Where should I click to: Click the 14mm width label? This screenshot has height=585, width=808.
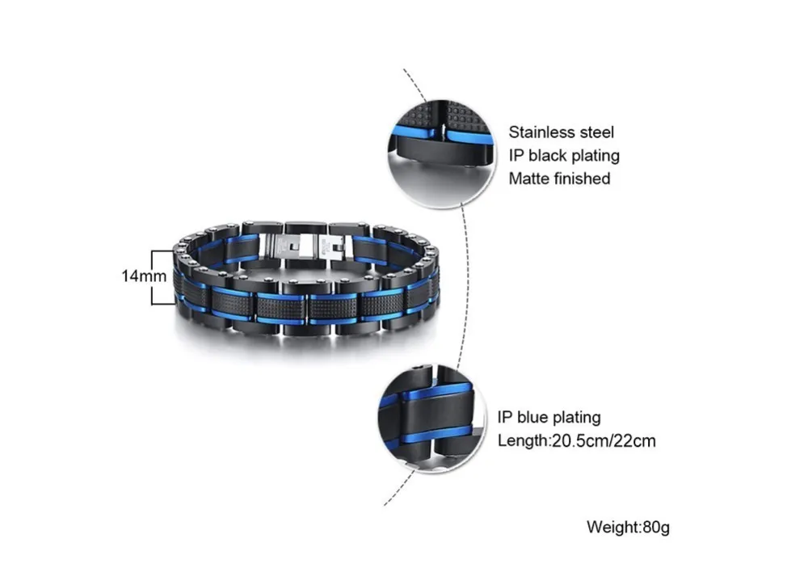pos(145,276)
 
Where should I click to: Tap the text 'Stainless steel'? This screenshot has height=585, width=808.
pos(562,133)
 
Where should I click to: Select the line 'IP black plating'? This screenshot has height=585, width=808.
pos(564,156)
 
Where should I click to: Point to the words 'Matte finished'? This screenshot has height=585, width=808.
pos(559,179)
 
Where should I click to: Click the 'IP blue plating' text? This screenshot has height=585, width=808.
pos(549,418)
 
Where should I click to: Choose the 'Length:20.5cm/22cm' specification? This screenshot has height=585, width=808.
pos(577,441)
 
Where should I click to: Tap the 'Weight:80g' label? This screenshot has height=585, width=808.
pos(628,528)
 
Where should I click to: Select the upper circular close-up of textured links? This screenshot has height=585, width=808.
pos(441,154)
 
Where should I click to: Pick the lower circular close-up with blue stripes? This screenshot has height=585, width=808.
pos(431,419)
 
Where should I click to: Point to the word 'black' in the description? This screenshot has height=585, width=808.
pos(549,156)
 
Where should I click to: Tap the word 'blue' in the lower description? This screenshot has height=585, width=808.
pos(532,418)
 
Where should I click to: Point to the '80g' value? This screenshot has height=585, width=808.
pos(656,528)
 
